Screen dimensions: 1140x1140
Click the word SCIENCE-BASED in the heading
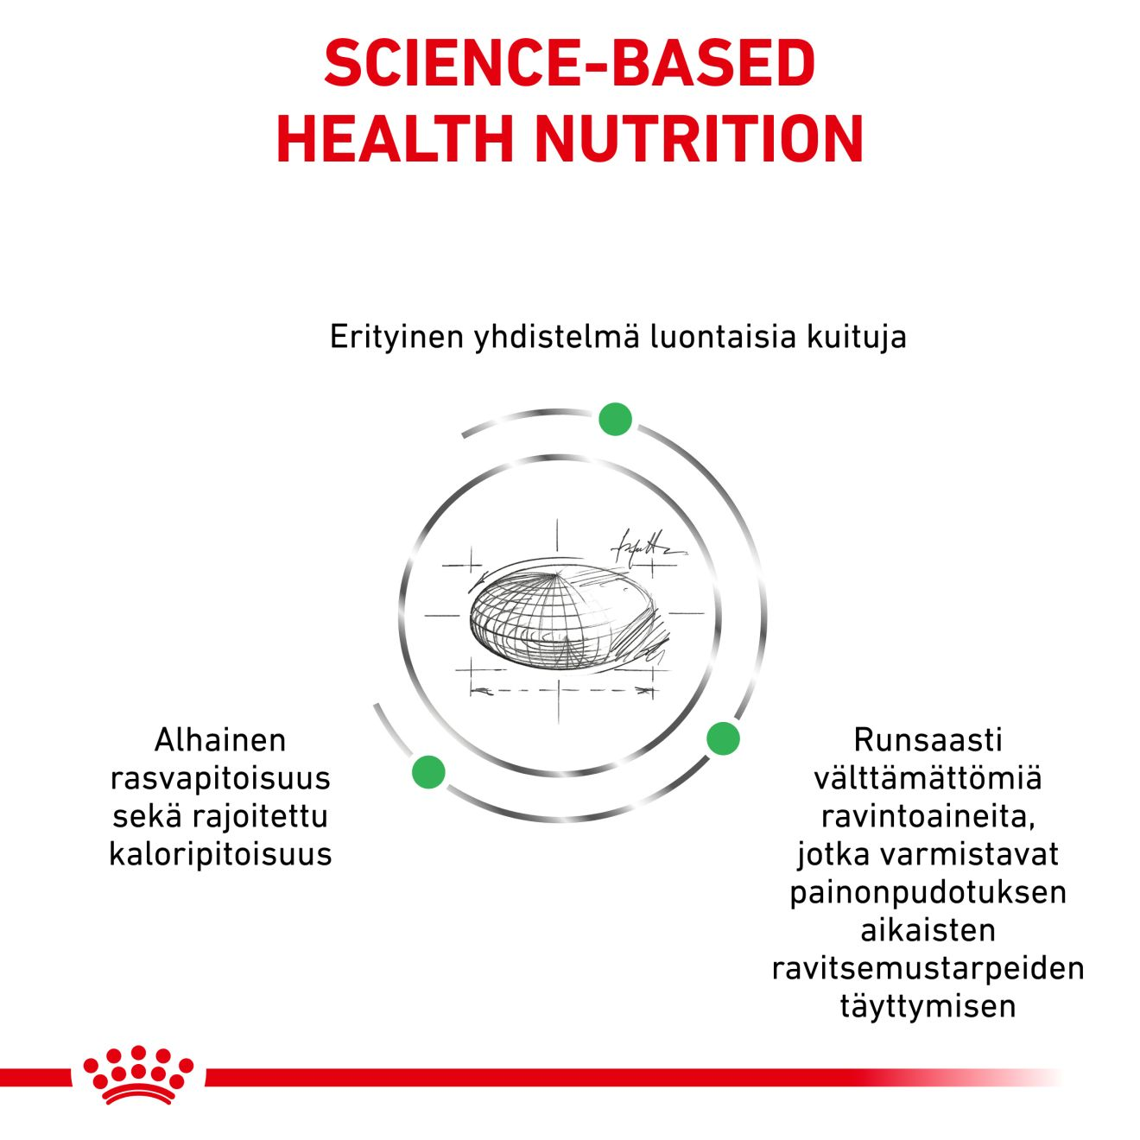(x=569, y=63)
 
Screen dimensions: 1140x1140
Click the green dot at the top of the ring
(x=615, y=419)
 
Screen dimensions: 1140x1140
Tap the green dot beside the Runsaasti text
(x=723, y=738)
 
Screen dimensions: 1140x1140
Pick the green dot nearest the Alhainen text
(x=428, y=771)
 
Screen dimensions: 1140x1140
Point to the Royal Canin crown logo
(x=138, y=1074)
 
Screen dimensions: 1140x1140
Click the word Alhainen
(x=220, y=740)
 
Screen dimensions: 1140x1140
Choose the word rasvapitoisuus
(x=220, y=778)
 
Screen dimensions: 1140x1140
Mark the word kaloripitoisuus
(x=220, y=854)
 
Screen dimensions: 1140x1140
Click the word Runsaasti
(x=928, y=740)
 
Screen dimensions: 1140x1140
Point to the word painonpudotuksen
(x=928, y=892)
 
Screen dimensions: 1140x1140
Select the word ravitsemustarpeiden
(x=928, y=968)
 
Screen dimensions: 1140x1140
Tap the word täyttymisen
(x=928, y=1006)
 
